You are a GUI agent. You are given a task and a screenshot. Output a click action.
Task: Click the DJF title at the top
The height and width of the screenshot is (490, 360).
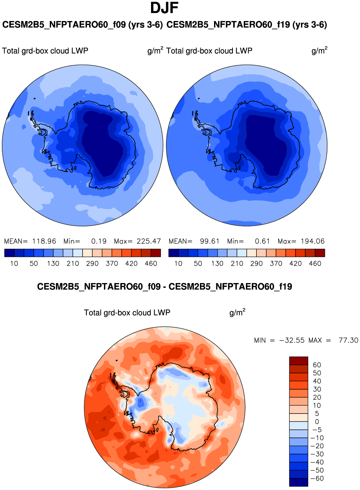164,8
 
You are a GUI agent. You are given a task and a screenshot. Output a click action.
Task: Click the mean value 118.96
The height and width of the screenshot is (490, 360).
44,241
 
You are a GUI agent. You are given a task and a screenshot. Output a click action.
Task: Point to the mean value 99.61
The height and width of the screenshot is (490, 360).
210,241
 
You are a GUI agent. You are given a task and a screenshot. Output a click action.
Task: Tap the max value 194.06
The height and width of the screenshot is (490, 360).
313,241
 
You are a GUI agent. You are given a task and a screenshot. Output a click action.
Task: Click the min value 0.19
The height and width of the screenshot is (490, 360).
99,241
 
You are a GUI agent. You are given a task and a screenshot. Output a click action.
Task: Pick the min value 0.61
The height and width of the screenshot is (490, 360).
263,241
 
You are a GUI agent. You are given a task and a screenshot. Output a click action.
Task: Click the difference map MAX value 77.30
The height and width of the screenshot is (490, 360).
348,340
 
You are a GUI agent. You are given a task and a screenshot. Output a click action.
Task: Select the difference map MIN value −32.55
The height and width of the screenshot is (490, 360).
292,340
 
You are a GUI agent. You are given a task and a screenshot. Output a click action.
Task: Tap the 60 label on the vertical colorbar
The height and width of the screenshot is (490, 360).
317,365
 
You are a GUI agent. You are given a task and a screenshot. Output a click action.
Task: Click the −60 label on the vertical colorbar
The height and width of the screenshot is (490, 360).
317,478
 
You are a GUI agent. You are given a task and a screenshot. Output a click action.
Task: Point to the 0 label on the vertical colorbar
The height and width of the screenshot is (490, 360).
317,422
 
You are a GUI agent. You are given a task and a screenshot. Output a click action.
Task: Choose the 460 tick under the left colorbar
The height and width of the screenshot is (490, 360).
151,263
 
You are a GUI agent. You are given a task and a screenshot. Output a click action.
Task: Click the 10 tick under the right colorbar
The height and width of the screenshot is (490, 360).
178,263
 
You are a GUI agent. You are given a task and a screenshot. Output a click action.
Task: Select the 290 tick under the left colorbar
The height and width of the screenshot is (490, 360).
92,263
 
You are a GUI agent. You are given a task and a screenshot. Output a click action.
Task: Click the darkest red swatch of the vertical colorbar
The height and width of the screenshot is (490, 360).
298,361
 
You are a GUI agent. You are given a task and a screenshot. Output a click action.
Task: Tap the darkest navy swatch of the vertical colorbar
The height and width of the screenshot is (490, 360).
298,482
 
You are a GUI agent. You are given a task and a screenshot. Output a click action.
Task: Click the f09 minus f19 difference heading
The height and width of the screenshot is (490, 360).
164,287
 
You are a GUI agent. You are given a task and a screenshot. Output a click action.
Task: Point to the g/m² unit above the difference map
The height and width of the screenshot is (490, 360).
237,312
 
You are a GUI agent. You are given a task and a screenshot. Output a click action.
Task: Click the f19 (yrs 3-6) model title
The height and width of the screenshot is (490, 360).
247,25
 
